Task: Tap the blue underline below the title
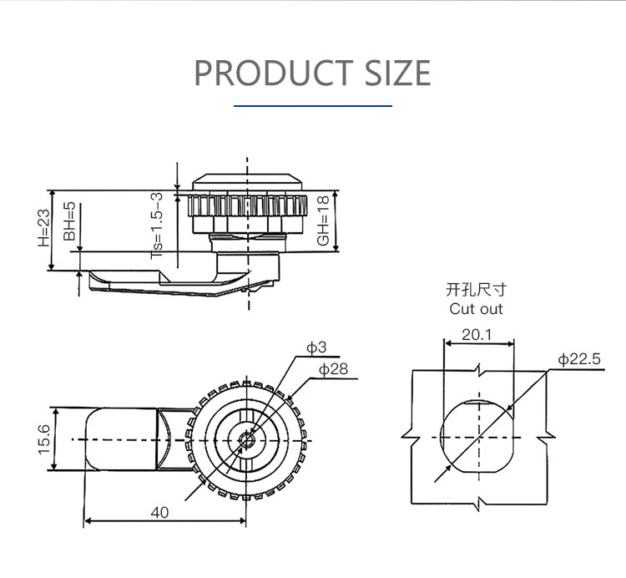312,106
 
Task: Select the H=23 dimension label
44,228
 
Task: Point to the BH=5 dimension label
69,221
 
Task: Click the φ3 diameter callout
316,347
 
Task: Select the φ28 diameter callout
333,368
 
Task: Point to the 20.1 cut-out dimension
477,335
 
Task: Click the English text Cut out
477,309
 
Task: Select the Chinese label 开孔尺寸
477,290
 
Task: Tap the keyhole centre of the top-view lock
247,439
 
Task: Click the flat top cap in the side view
247,180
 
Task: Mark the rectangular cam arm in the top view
121,439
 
